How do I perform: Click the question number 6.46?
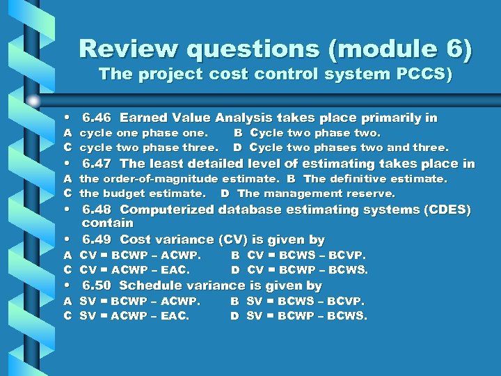(x=97, y=118)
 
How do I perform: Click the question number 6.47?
(x=97, y=164)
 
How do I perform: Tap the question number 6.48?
(x=97, y=210)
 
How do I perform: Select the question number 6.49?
(x=97, y=240)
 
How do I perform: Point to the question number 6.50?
(x=97, y=285)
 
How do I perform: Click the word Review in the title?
(x=117, y=49)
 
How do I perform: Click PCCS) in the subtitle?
(x=427, y=74)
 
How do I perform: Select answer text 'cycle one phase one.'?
(x=144, y=133)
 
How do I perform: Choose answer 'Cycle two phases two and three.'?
(x=349, y=148)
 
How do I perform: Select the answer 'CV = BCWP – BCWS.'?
(x=308, y=269)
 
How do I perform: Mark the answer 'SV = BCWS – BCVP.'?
(x=306, y=301)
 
